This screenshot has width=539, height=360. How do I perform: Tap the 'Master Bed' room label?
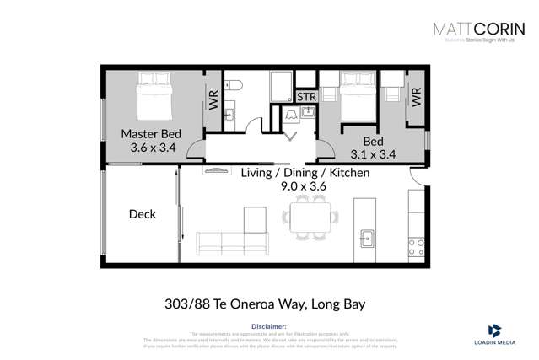tap(151, 134)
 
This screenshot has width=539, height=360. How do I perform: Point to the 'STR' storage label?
tap(306, 97)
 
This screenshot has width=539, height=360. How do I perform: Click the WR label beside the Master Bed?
tap(213, 99)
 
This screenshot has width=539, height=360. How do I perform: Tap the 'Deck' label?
tap(143, 214)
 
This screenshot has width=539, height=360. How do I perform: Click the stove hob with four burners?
tap(416, 246)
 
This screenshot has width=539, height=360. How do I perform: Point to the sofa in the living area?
tap(231, 243)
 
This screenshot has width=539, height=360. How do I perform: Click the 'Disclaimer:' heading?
tap(269, 325)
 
